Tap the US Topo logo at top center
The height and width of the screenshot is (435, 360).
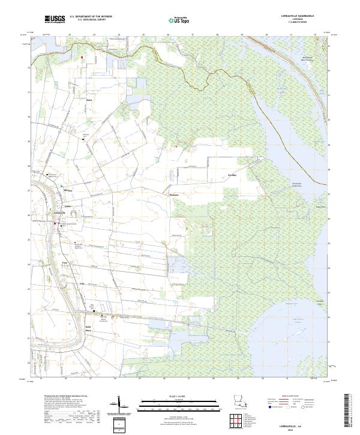[178, 20]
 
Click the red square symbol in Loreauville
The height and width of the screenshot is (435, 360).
[56, 224]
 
